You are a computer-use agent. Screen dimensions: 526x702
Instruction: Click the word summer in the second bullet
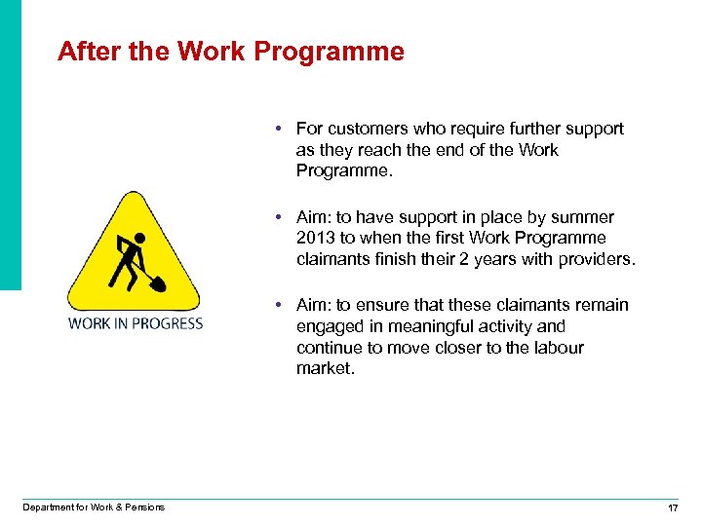point(583,217)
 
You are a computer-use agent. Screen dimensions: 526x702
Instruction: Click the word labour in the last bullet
point(559,348)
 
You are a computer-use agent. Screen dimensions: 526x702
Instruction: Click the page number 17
point(672,507)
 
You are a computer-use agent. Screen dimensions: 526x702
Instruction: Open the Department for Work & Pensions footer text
point(94,507)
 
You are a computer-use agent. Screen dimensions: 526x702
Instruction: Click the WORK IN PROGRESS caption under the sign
point(136,323)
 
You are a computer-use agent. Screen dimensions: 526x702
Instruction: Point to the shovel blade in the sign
point(158,284)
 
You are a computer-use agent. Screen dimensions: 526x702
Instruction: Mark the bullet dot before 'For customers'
point(279,129)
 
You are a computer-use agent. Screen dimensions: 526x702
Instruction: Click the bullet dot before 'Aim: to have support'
point(279,217)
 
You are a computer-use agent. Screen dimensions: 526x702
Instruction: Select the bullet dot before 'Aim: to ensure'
point(279,305)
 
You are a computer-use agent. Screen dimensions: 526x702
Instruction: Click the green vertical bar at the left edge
point(10,146)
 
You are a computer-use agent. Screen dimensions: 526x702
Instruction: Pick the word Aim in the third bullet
point(312,305)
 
